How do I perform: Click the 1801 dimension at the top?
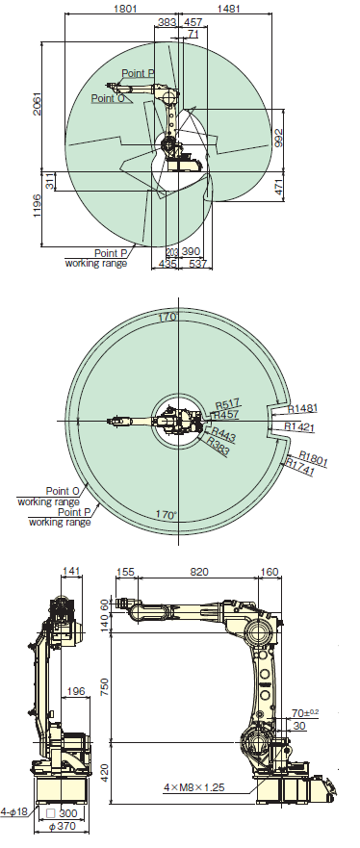click(x=126, y=9)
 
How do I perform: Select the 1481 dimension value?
click(x=229, y=9)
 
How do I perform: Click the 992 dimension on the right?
click(x=279, y=137)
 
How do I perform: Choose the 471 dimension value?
click(x=279, y=187)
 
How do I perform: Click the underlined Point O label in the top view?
click(x=108, y=98)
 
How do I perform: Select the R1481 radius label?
click(x=303, y=409)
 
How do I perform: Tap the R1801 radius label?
click(x=314, y=458)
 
